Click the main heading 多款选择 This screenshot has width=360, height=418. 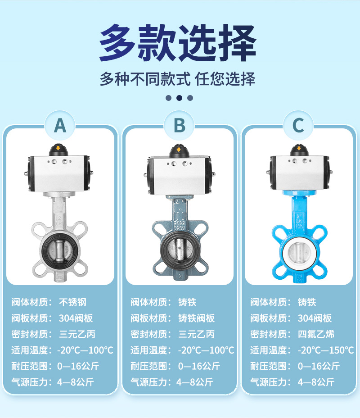[178, 43]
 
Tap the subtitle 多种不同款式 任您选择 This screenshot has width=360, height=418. [178, 79]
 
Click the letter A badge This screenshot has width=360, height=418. [60, 125]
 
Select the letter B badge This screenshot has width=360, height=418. [179, 125]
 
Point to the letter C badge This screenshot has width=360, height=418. [298, 125]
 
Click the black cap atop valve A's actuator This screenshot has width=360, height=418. [58, 150]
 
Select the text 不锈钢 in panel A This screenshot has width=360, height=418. [73, 302]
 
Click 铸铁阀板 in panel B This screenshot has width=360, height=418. [197, 318]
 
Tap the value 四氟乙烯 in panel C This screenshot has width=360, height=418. [316, 334]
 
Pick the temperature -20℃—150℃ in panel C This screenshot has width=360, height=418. [326, 350]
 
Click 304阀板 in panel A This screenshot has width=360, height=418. [76, 318]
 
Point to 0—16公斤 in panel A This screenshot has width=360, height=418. [78, 366]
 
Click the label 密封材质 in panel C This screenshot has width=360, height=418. [268, 334]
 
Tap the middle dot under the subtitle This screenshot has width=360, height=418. [179, 98]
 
